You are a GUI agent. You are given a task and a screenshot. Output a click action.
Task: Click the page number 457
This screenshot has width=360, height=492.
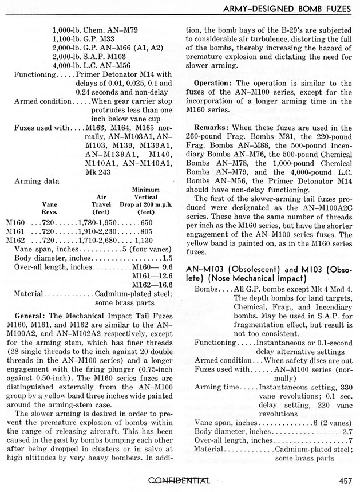click(345, 481)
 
